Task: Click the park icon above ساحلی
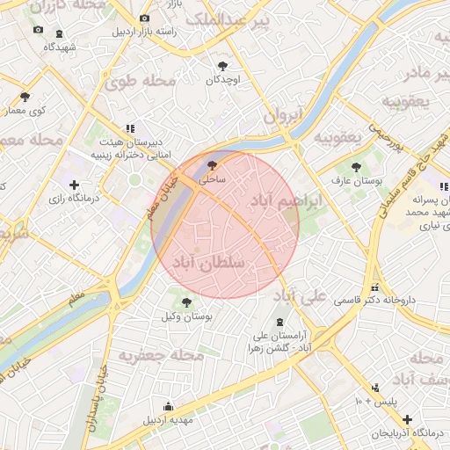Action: tap(211, 164)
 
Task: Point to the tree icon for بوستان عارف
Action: tap(356, 166)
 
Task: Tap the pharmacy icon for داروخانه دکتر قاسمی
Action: tap(375, 287)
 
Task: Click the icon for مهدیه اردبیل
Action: tap(169, 406)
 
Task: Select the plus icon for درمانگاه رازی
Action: tap(74, 185)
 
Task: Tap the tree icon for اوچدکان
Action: tap(222, 66)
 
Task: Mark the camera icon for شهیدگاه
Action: tap(38, 31)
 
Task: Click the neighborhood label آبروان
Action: tap(283, 114)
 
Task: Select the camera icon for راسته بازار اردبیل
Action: tap(144, 18)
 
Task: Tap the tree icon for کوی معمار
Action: tap(25, 97)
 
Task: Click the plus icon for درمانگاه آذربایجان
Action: tap(406, 420)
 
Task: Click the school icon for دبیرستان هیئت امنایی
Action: tap(130, 128)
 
